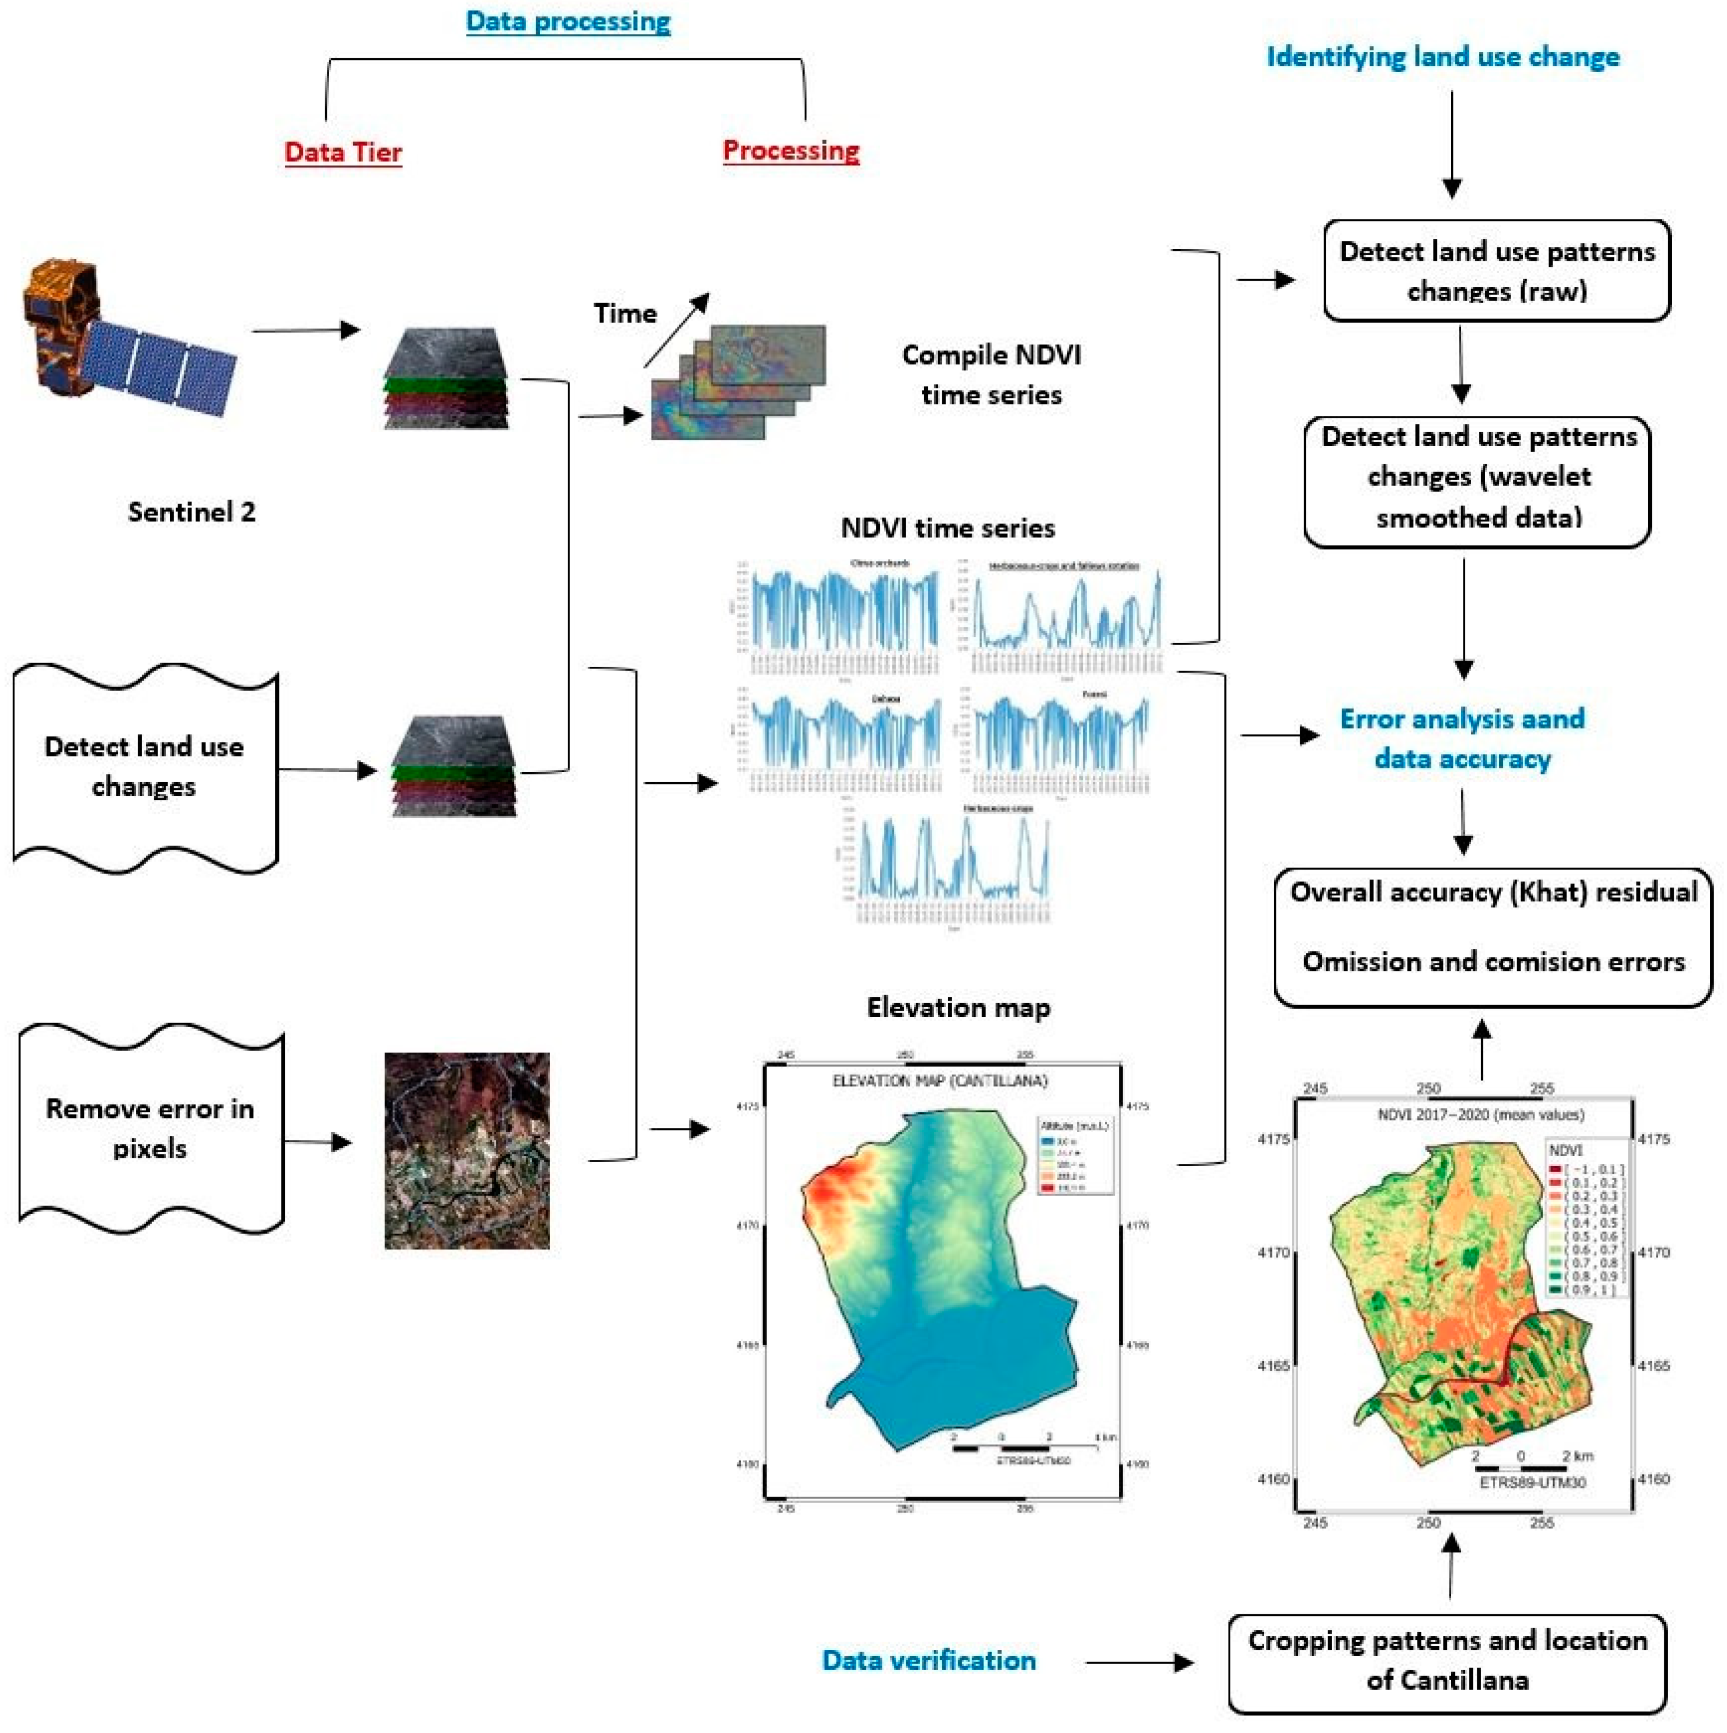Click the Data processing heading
point(568,22)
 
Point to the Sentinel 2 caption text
point(191,512)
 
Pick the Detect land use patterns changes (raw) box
point(1497,271)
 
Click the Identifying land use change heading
point(1443,57)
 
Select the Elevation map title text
point(958,1007)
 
